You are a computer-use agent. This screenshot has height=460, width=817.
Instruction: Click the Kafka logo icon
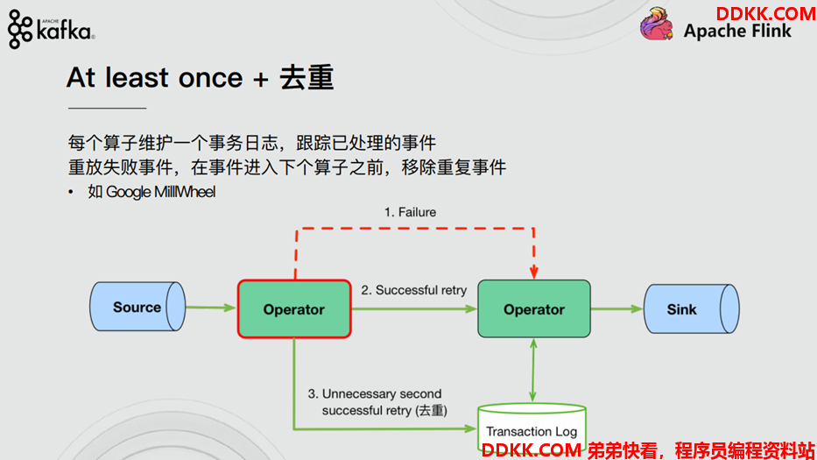[20, 29]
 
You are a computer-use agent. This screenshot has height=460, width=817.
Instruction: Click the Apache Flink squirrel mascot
[656, 24]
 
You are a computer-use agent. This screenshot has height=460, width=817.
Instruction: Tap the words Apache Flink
[737, 32]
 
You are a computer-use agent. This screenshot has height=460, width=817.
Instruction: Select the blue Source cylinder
[137, 307]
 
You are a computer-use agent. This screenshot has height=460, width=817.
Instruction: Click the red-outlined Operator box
[294, 308]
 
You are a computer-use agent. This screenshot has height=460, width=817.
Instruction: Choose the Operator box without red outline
[534, 308]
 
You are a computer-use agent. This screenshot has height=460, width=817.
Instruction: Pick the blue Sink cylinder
[692, 308]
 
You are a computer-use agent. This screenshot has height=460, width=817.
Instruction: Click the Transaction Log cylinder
[532, 428]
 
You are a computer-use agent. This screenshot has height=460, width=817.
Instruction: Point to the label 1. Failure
[410, 212]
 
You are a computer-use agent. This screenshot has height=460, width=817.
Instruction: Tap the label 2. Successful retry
[413, 290]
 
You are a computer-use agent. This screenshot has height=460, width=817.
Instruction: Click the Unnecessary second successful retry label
[377, 401]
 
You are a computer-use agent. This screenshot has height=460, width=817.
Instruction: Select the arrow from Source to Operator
[210, 308]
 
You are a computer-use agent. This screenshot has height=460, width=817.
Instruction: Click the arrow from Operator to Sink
[617, 308]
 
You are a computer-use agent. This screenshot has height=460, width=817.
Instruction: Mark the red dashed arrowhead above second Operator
[533, 272]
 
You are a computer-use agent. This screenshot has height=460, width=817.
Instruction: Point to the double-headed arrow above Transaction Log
[533, 371]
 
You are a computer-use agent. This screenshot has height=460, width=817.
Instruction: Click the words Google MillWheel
[160, 192]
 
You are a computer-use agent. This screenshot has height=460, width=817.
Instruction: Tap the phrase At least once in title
[155, 78]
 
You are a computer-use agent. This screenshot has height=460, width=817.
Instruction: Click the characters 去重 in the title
[306, 78]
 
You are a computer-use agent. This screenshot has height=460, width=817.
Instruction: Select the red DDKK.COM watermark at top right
[764, 13]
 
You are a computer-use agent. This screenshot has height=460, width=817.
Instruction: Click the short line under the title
[107, 108]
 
